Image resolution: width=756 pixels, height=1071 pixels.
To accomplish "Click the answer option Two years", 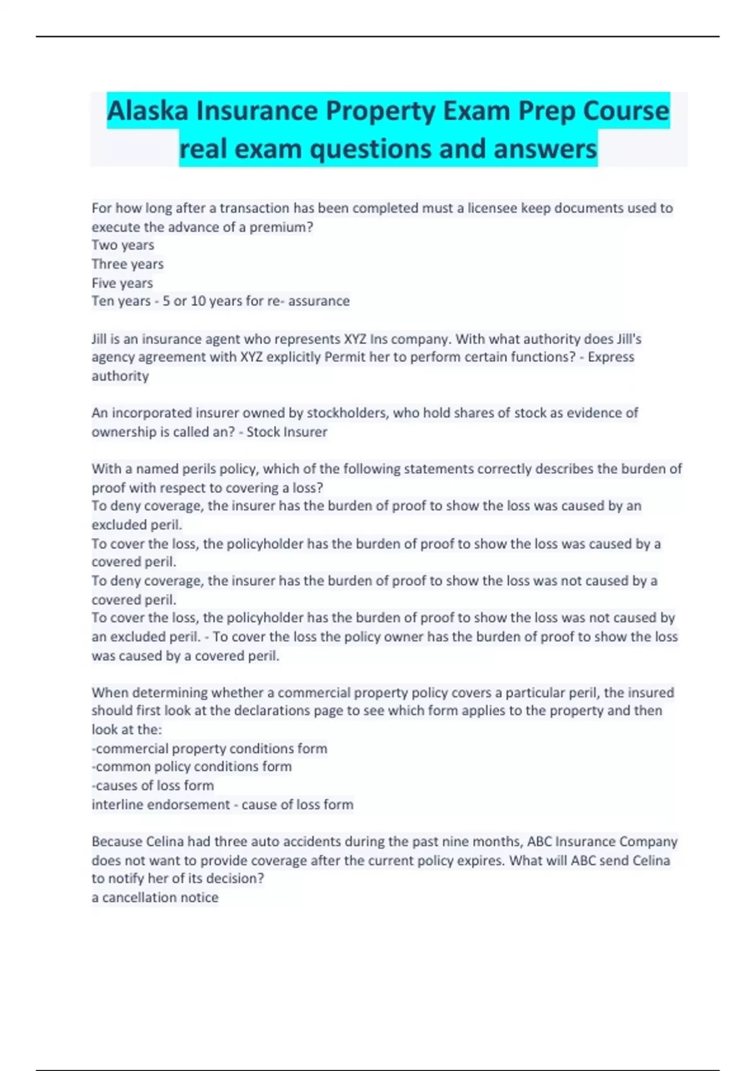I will pyautogui.click(x=123, y=245).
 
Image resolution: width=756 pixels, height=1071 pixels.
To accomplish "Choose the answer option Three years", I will pyautogui.click(x=127, y=264).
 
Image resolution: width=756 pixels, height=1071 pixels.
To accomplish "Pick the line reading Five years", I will pyautogui.click(x=122, y=283).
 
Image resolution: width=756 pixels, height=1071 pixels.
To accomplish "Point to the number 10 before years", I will pyautogui.click(x=198, y=301).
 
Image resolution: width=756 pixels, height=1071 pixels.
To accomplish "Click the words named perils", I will pyautogui.click(x=176, y=469).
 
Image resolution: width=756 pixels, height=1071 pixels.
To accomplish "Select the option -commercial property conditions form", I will pyautogui.click(x=210, y=748).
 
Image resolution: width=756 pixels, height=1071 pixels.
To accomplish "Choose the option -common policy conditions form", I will pyautogui.click(x=192, y=767).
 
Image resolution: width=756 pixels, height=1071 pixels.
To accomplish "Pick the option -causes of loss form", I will pyautogui.click(x=152, y=786).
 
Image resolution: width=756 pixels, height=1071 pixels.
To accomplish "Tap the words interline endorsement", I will pyautogui.click(x=161, y=805).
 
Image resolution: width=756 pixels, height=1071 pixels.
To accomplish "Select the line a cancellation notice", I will pyautogui.click(x=155, y=898).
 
